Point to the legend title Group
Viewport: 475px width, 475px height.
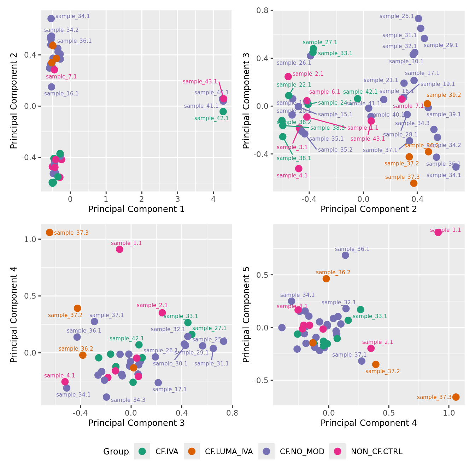(x=116, y=452)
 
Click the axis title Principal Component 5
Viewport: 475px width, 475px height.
(x=246, y=315)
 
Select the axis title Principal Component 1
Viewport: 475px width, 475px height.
(x=136, y=209)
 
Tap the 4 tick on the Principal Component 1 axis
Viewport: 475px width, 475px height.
(x=213, y=199)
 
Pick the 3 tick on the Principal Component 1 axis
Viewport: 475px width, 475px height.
(x=178, y=199)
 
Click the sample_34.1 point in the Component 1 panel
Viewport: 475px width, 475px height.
(x=51, y=19)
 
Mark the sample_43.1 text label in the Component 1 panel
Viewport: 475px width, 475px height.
(x=200, y=82)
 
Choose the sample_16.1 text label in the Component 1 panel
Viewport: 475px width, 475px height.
(x=61, y=94)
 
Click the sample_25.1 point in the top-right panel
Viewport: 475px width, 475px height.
(x=418, y=19)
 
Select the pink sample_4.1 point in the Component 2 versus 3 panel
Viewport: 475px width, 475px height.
(x=299, y=169)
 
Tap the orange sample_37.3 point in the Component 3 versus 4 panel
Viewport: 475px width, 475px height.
(x=49, y=232)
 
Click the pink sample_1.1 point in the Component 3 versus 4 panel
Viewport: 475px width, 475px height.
(x=119, y=249)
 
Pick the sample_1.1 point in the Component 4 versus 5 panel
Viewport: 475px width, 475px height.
(x=438, y=232)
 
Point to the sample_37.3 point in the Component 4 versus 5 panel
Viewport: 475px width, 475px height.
(x=456, y=397)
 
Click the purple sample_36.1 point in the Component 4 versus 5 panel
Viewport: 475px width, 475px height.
(x=345, y=255)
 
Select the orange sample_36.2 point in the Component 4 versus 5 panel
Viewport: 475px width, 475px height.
(x=326, y=278)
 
